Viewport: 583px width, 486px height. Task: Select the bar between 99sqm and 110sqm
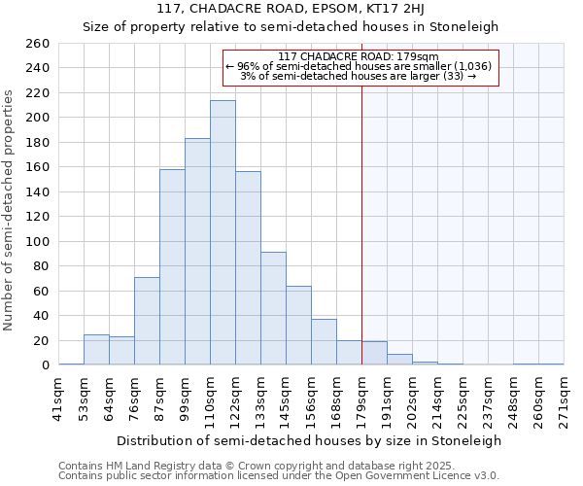(197, 252)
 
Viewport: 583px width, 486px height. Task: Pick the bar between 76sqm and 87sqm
(147, 321)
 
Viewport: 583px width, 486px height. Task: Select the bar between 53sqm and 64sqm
(96, 350)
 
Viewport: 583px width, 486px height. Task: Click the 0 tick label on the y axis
(45, 365)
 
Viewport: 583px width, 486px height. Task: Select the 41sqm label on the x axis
(59, 398)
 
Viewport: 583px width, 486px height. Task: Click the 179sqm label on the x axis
(362, 398)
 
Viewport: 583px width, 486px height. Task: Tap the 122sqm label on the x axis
(236, 398)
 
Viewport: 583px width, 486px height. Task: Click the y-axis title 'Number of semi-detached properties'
(10, 210)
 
